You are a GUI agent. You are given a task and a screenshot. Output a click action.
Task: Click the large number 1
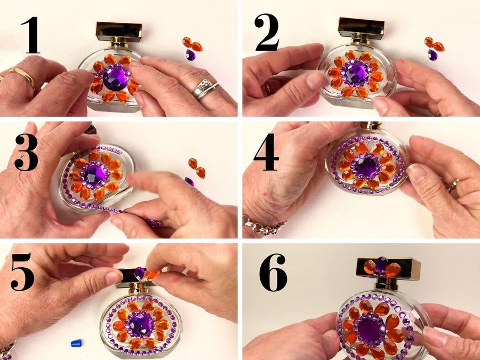(30, 35)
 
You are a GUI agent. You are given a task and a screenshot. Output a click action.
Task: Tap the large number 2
(267, 32)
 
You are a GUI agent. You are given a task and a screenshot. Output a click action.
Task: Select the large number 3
(26, 152)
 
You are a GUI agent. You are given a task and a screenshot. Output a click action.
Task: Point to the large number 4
(266, 151)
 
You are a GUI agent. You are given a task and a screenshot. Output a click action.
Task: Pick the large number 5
(22, 271)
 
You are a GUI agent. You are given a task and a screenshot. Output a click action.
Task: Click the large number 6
(273, 273)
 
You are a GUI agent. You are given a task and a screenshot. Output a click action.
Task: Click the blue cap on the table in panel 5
(76, 343)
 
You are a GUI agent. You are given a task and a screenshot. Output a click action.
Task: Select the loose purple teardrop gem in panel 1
(190, 55)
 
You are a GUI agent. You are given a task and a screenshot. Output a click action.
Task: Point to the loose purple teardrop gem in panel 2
(433, 55)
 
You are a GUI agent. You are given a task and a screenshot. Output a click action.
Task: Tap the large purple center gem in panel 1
(116, 77)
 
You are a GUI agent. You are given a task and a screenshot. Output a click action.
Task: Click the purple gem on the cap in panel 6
(382, 264)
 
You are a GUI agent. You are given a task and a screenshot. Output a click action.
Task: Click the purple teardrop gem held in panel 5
(140, 274)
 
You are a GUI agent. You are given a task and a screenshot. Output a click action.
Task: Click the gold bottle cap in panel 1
(119, 31)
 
